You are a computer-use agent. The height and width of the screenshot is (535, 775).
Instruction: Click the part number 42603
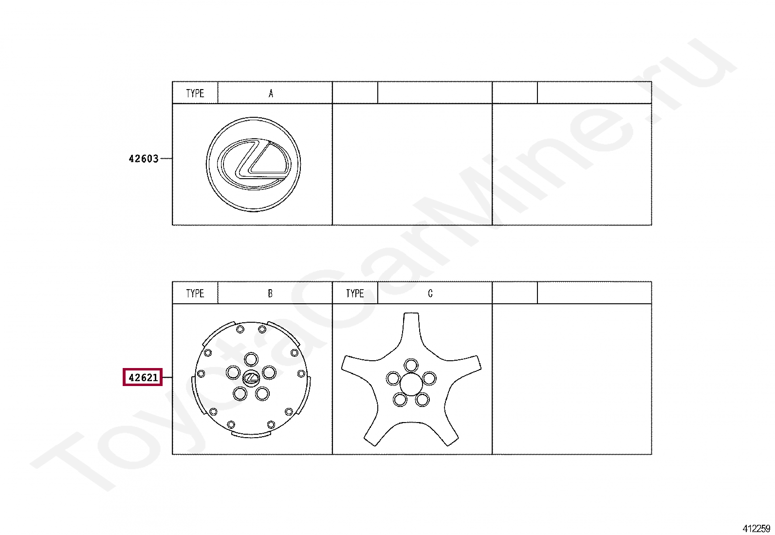143,159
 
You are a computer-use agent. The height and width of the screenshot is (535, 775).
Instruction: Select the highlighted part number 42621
143,377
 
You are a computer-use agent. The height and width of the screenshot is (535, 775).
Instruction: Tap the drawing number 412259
757,528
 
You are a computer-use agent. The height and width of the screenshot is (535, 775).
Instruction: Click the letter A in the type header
271,93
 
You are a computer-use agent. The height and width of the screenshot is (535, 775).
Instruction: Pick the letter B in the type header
270,294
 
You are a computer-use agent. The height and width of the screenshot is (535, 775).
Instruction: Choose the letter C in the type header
430,294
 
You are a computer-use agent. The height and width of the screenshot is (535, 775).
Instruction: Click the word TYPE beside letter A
195,93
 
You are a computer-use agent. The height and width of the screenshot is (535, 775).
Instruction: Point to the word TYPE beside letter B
195,294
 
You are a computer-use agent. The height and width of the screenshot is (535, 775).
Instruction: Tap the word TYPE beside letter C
355,294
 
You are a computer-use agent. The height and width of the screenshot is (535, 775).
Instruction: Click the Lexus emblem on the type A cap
254,164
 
